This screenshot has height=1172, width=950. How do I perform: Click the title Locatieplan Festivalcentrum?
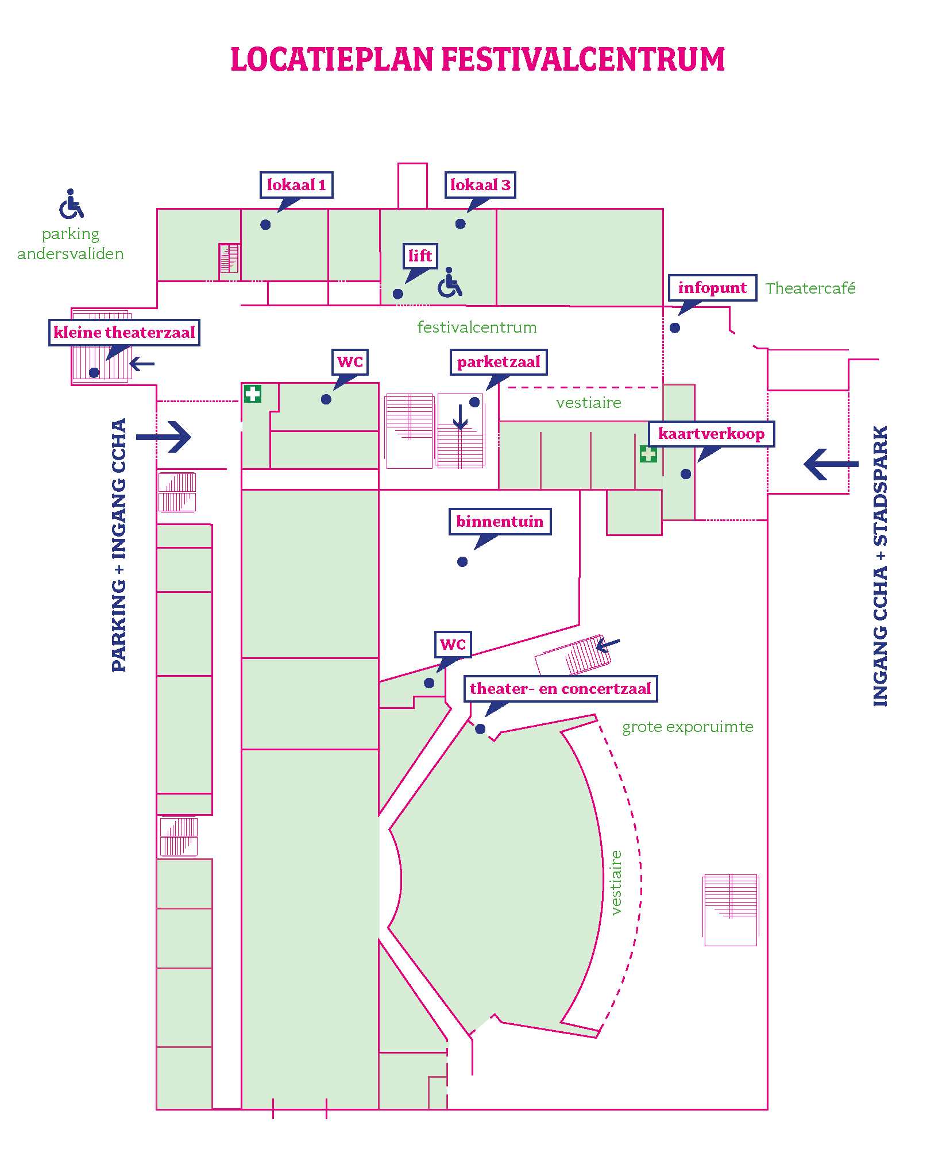click(x=477, y=60)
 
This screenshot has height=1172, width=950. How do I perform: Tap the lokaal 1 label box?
click(x=296, y=185)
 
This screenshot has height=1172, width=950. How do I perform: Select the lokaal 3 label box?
click(x=480, y=185)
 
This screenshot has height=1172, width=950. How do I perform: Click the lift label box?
click(x=420, y=256)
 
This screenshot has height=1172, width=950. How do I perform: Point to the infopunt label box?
click(x=712, y=288)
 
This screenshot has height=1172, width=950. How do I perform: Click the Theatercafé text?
click(x=810, y=288)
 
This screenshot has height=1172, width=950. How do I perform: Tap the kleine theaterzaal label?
click(x=124, y=333)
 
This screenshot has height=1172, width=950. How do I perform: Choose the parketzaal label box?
click(x=499, y=362)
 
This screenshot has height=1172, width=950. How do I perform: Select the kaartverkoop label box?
click(x=711, y=434)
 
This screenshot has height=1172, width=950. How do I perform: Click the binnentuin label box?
click(x=500, y=522)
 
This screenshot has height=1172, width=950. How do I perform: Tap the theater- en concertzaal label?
click(x=560, y=689)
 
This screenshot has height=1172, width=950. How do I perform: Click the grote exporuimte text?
click(x=688, y=727)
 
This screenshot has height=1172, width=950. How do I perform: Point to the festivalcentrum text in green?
click(x=477, y=327)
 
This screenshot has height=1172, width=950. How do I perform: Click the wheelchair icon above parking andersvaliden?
click(x=71, y=204)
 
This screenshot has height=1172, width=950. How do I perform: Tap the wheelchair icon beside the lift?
click(x=450, y=283)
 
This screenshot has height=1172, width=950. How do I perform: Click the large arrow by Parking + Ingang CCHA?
click(x=164, y=437)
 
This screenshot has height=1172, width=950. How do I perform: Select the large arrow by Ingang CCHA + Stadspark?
click(x=831, y=464)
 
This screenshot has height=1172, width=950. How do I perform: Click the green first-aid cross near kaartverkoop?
click(x=648, y=454)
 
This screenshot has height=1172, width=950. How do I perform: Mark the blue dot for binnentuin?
click(x=462, y=562)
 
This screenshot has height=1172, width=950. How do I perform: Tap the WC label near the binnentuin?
click(x=453, y=645)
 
